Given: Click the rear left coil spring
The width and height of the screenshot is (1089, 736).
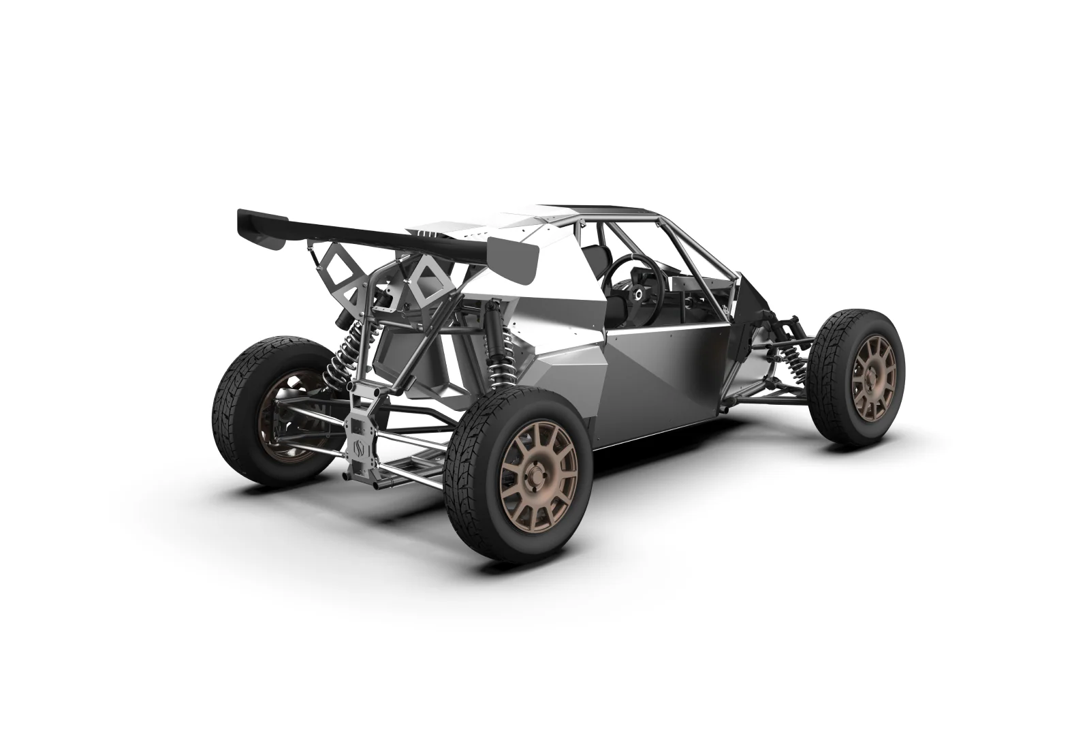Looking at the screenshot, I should click(x=341, y=357).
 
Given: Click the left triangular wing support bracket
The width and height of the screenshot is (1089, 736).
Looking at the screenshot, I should click(x=340, y=283).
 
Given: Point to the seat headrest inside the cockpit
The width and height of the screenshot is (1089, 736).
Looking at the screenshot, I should click(x=599, y=256).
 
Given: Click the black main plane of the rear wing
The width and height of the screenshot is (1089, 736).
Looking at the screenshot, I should click(x=354, y=229).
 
